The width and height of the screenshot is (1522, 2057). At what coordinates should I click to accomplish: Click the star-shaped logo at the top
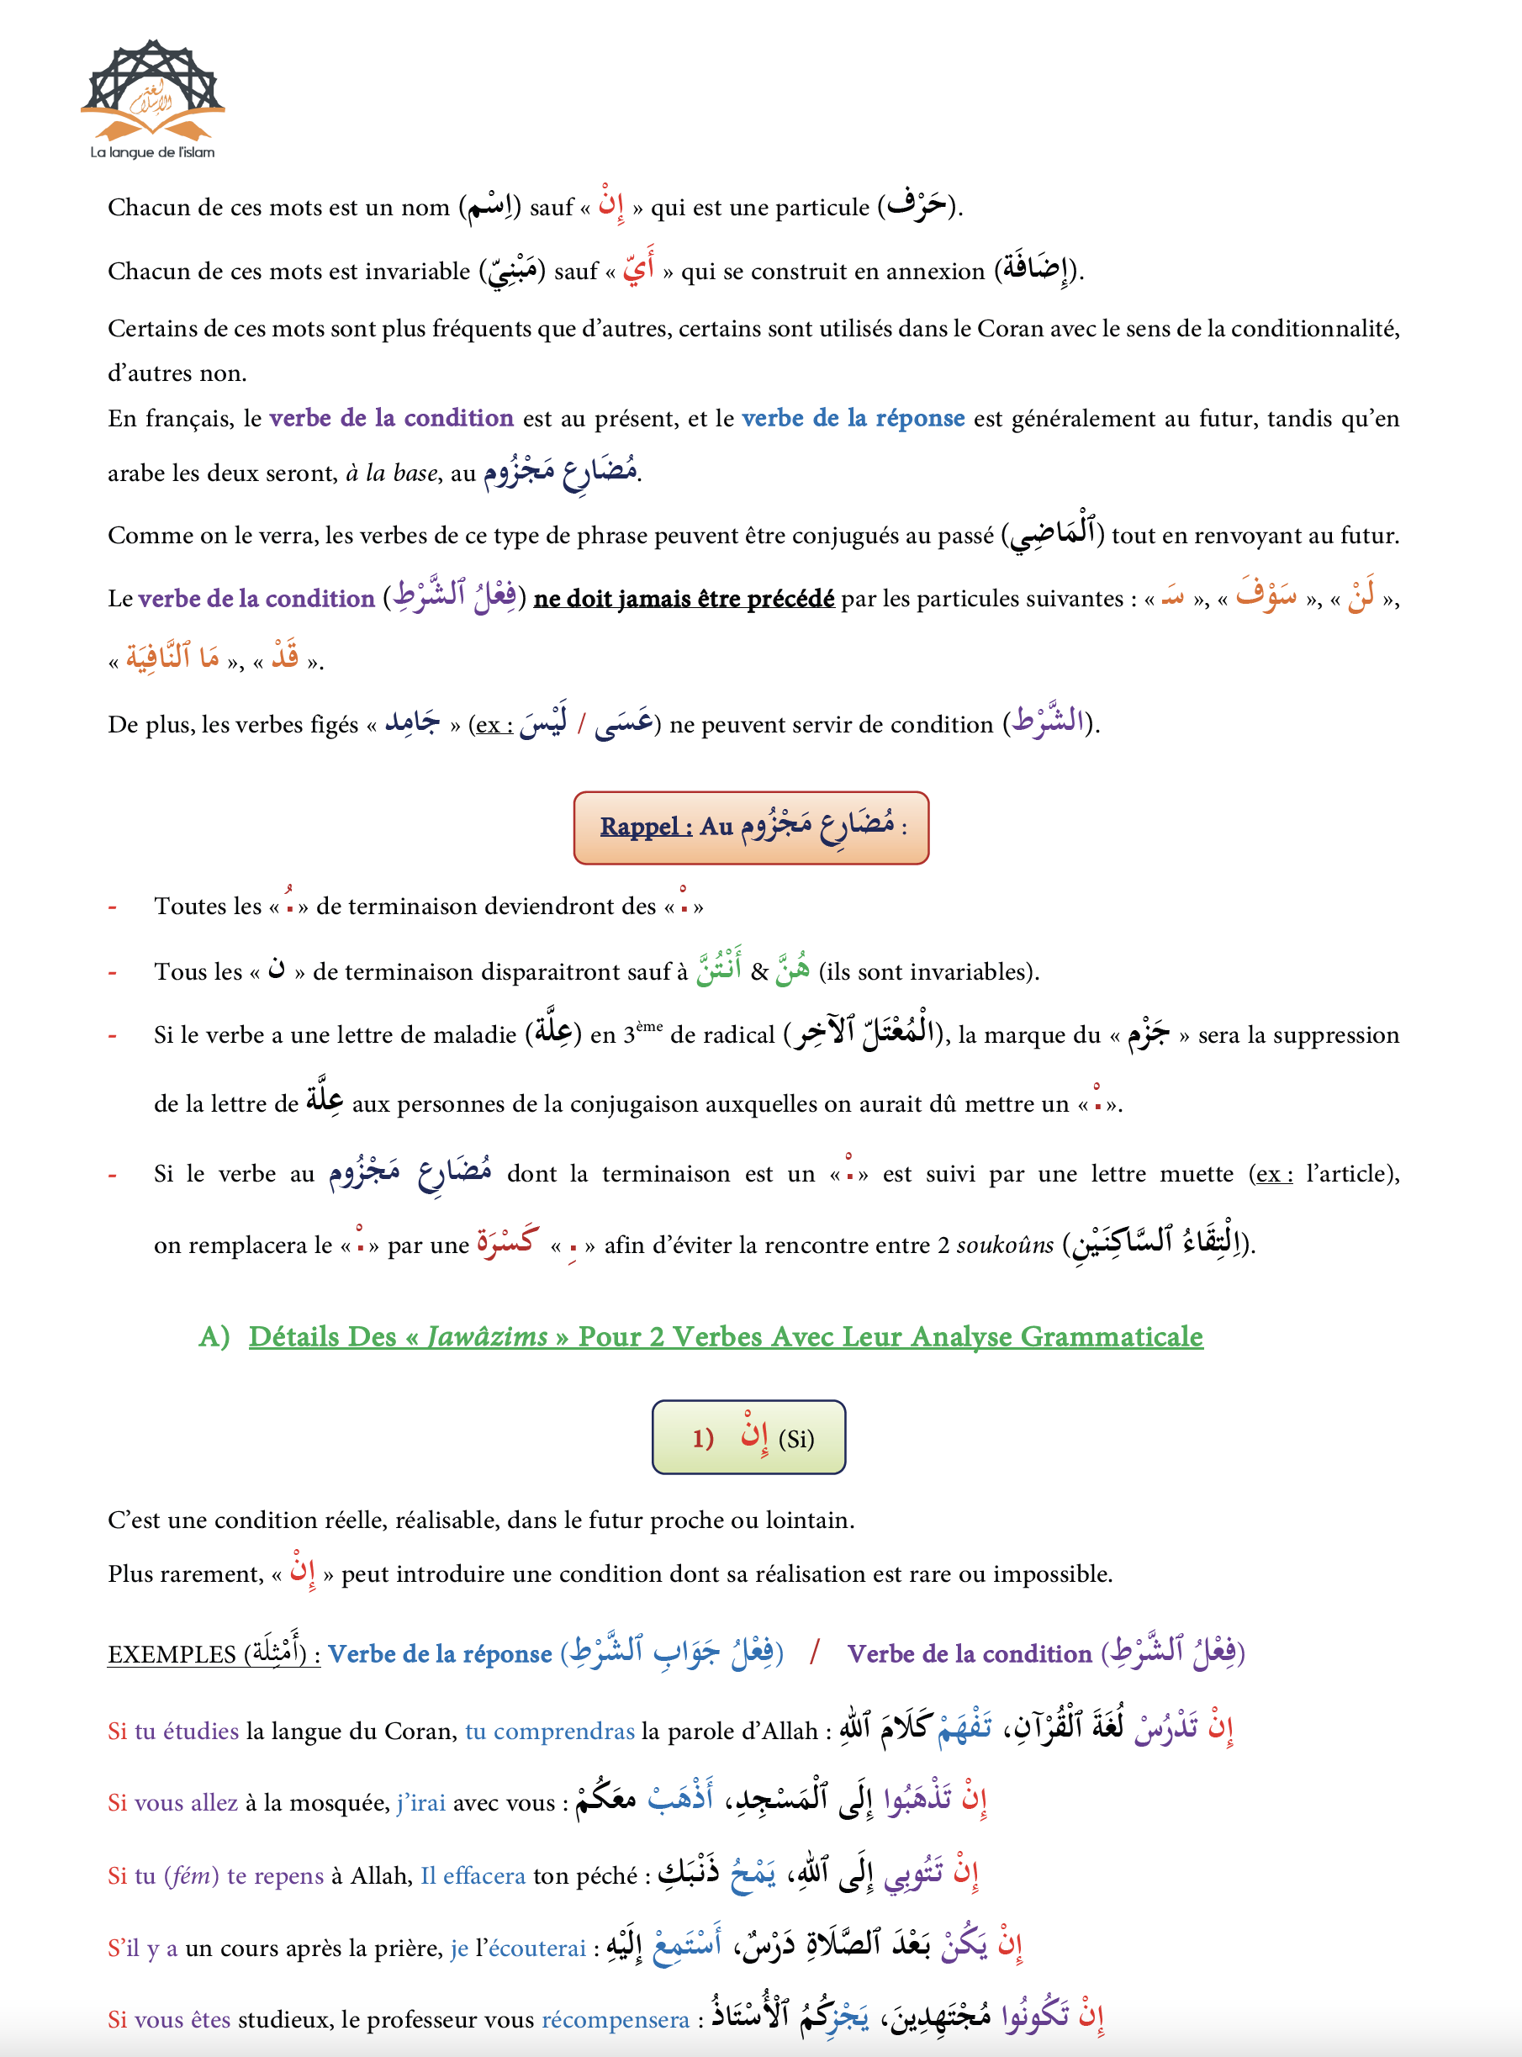(x=153, y=87)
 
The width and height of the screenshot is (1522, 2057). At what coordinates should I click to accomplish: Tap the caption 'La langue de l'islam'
(x=152, y=153)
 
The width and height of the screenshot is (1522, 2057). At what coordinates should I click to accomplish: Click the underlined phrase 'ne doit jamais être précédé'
(x=684, y=599)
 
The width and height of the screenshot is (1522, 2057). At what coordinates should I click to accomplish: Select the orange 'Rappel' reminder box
(x=750, y=828)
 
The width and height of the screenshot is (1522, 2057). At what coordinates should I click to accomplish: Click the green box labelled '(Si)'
(x=748, y=1437)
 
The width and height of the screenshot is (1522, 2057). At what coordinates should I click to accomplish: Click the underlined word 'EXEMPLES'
(x=172, y=1654)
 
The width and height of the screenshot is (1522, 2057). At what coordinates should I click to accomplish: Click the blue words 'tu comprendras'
(x=549, y=1732)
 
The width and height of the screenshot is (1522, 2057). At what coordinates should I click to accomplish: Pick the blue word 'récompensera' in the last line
(x=615, y=2020)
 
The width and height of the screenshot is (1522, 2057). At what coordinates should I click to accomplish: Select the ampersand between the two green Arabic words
(x=758, y=972)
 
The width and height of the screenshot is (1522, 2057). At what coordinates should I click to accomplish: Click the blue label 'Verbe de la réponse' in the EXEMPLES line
(x=440, y=1654)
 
